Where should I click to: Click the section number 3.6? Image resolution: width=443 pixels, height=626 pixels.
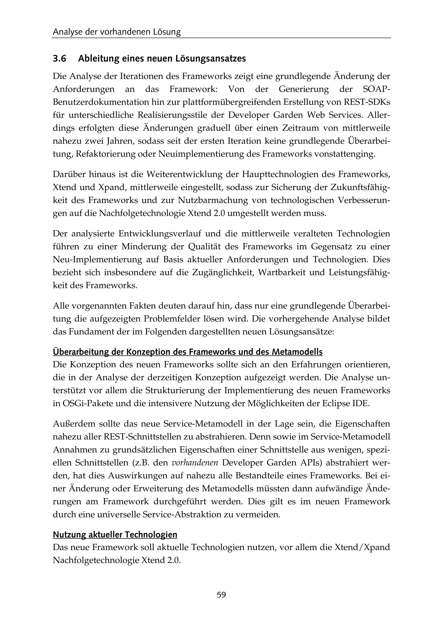59,59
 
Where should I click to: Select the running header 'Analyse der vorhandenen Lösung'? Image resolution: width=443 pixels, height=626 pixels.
117,32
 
